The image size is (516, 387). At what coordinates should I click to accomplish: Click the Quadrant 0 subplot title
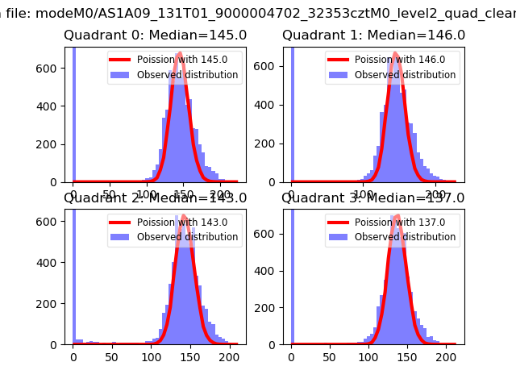click(x=155, y=35)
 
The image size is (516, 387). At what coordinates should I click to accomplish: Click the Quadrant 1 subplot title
click(x=373, y=35)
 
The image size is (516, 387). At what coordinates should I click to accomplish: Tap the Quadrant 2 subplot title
click(x=155, y=198)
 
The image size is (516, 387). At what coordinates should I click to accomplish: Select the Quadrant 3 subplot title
click(x=373, y=198)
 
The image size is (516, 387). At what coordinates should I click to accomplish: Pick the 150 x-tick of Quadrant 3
click(x=407, y=356)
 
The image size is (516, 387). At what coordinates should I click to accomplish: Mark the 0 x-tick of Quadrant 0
click(x=73, y=193)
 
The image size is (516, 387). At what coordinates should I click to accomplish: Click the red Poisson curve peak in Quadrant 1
click(x=395, y=53)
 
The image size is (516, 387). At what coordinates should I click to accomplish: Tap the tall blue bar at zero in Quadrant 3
click(x=292, y=274)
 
